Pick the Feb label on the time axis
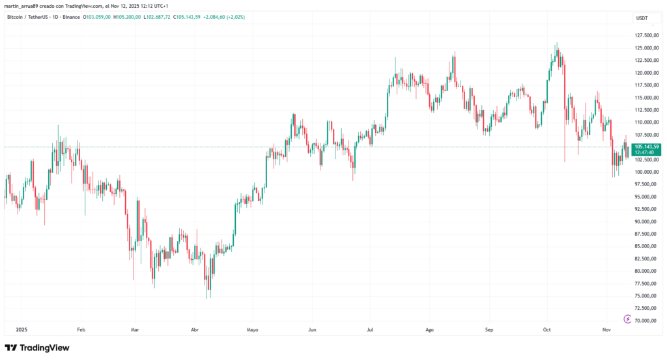(x=81, y=330)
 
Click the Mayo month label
(x=252, y=330)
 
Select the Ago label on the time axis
(x=429, y=330)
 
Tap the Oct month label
(x=547, y=330)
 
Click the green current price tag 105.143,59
(x=647, y=147)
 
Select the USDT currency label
(x=642, y=18)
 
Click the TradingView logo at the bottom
(x=37, y=348)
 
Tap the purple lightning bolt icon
(x=627, y=319)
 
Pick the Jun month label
(x=312, y=330)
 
